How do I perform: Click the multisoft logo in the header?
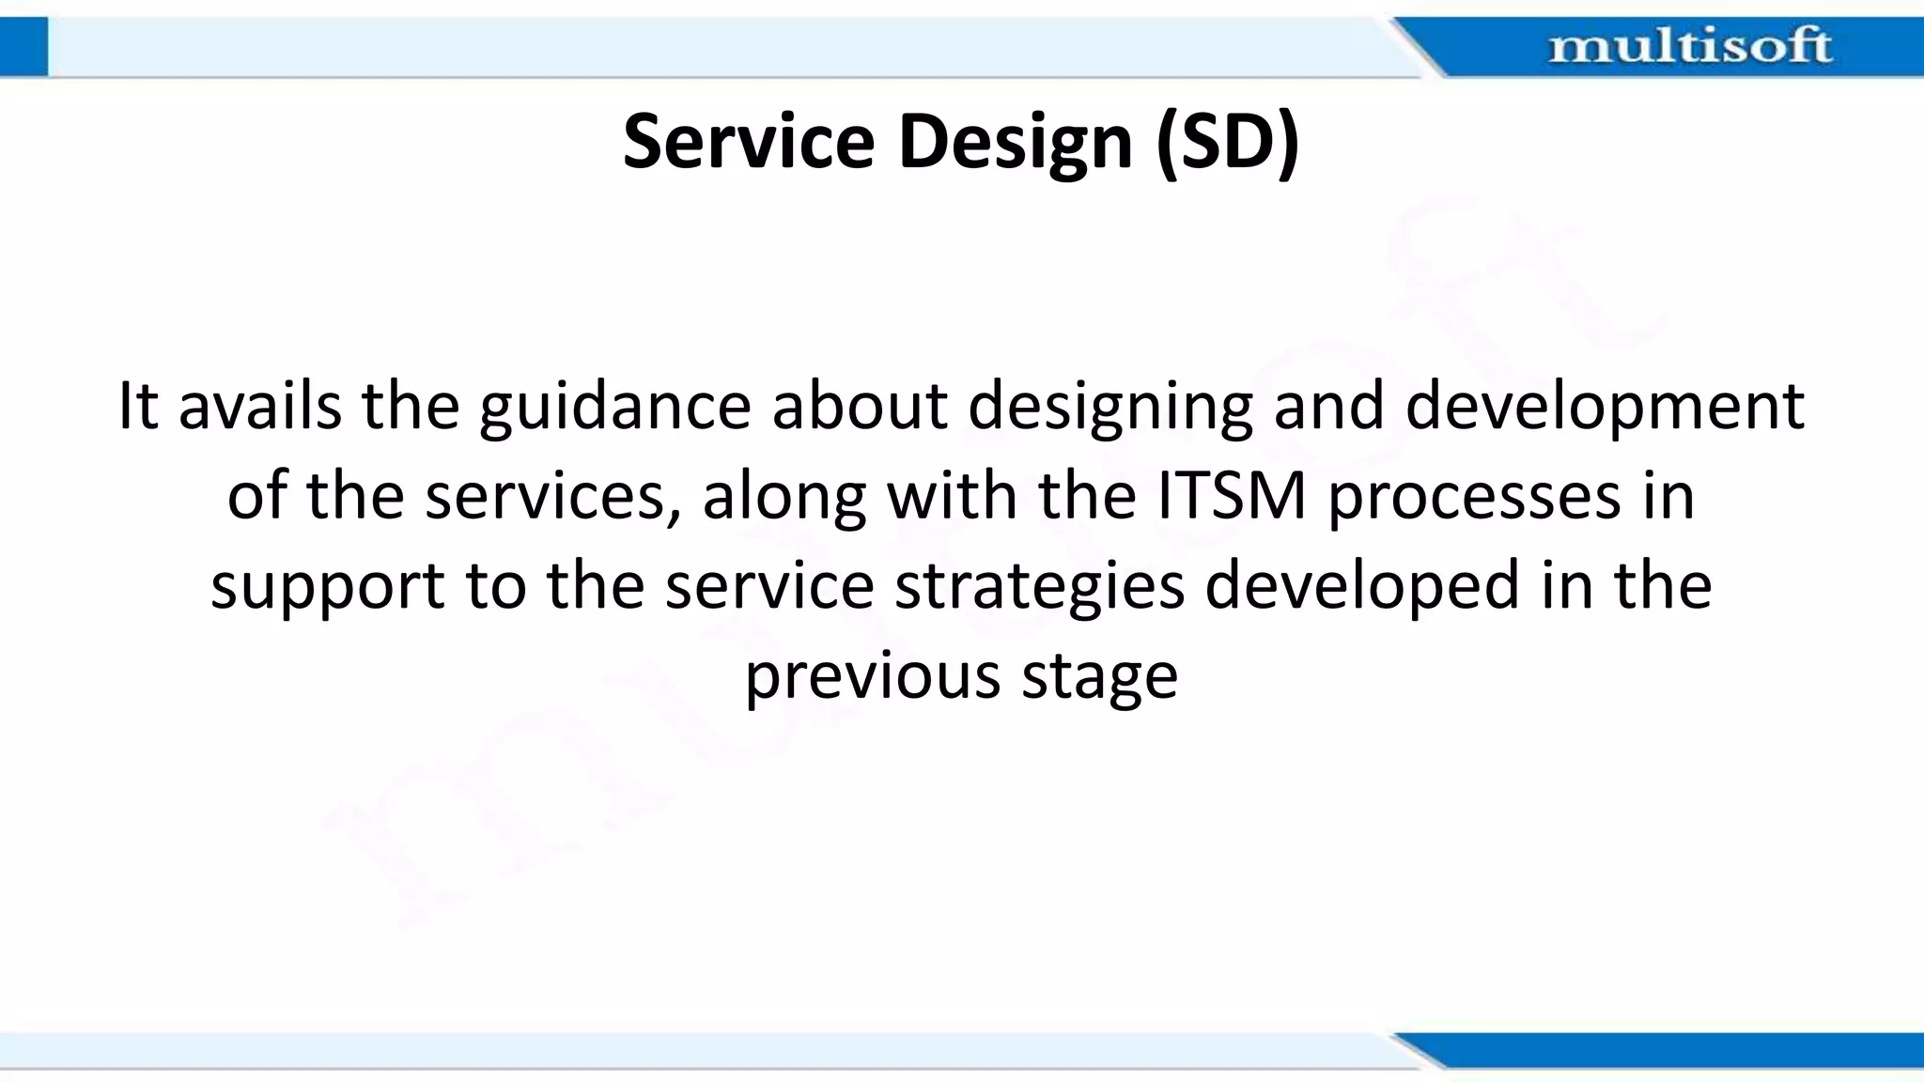coord(1689,46)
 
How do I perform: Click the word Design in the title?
coord(1015,143)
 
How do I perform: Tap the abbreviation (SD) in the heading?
coord(1227,143)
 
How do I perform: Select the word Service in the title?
coord(748,143)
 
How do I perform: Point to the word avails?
coord(259,407)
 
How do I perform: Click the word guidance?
coord(614,409)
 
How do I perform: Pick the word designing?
coord(1109,409)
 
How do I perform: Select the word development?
coord(1604,409)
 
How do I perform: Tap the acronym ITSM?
coord(1231,496)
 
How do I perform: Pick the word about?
coord(860,407)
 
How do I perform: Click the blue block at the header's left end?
coord(23,47)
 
